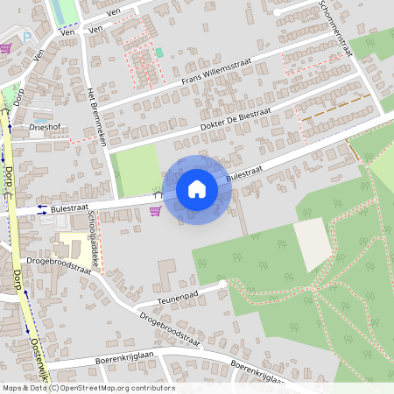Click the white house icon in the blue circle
(x=196, y=189)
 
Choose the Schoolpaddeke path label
(x=94, y=236)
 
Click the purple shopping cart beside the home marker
(x=155, y=210)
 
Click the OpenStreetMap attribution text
(x=88, y=388)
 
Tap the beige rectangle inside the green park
(x=313, y=243)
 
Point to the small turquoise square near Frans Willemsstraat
(x=159, y=53)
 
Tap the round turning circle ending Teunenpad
(x=224, y=284)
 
